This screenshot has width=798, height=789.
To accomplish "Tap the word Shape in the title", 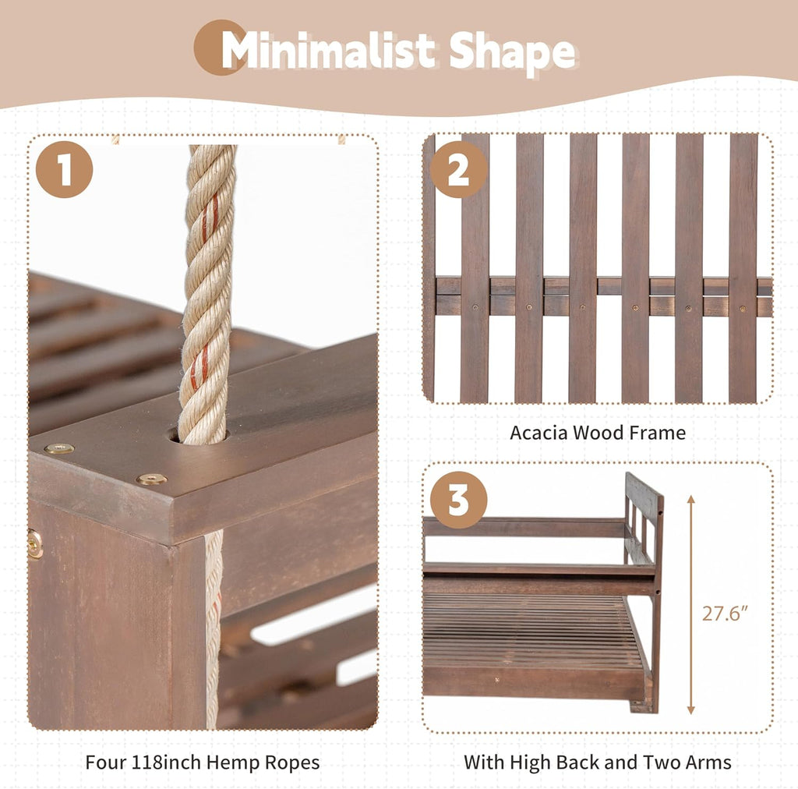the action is point(513,52).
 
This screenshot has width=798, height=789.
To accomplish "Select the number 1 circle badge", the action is point(64,169).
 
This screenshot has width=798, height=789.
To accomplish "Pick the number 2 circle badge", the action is point(458,169).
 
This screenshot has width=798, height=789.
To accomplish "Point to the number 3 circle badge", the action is point(458,500).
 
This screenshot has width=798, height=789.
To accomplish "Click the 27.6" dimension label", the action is point(726,614).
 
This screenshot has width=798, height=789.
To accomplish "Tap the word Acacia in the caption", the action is point(538,433).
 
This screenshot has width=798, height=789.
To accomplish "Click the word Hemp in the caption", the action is point(229,762).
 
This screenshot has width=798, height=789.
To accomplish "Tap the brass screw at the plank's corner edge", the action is point(59,448).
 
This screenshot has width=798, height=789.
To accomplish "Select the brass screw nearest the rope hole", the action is point(151,479).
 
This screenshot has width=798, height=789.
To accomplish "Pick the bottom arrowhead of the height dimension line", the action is point(690,710).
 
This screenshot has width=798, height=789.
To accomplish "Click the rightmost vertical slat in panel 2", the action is point(743,268).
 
